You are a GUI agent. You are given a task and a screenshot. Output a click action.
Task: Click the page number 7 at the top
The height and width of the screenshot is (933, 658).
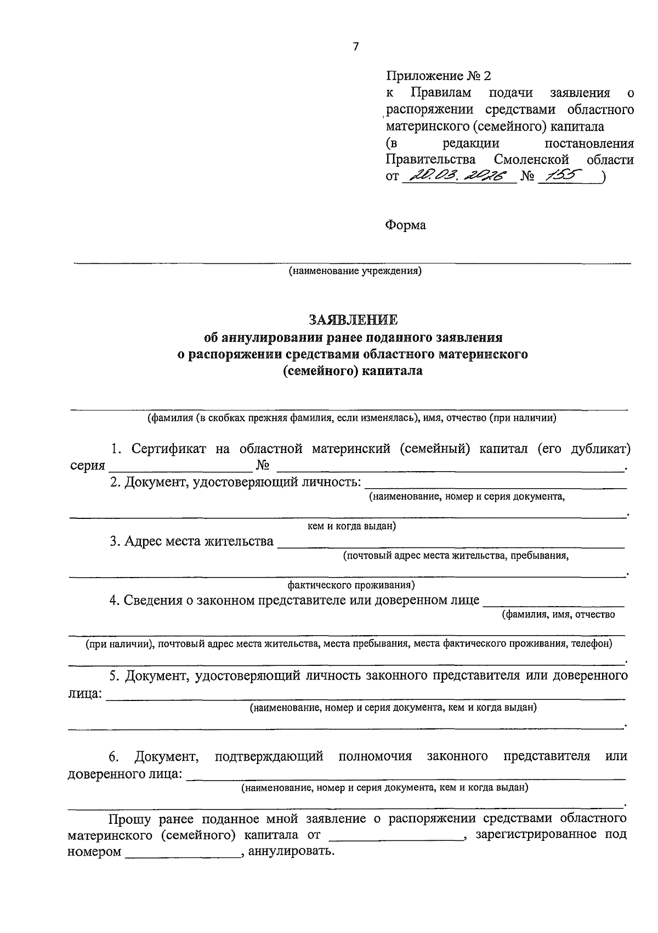pyautogui.click(x=355, y=47)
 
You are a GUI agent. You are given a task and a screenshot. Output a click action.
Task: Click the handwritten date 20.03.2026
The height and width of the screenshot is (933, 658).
pyautogui.click(x=458, y=176)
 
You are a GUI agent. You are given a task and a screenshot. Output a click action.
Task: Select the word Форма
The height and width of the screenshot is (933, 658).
pyautogui.click(x=406, y=225)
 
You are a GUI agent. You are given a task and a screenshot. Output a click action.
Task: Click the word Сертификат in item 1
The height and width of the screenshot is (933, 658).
pyautogui.click(x=169, y=449)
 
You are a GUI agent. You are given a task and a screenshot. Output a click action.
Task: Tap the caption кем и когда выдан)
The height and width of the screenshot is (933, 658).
pyautogui.click(x=351, y=526)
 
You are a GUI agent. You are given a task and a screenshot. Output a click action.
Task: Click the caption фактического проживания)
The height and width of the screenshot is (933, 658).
pyautogui.click(x=351, y=585)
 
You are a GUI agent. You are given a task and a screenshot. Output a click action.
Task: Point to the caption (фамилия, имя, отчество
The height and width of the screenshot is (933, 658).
pyautogui.click(x=558, y=614)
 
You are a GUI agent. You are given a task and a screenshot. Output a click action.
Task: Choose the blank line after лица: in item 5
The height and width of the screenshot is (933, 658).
pyautogui.click(x=365, y=695)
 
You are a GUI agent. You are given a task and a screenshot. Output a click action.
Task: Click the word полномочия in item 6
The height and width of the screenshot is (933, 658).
pyautogui.click(x=375, y=756)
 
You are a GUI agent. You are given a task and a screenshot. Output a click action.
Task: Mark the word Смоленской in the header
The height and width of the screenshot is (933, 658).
pyautogui.click(x=531, y=160)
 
